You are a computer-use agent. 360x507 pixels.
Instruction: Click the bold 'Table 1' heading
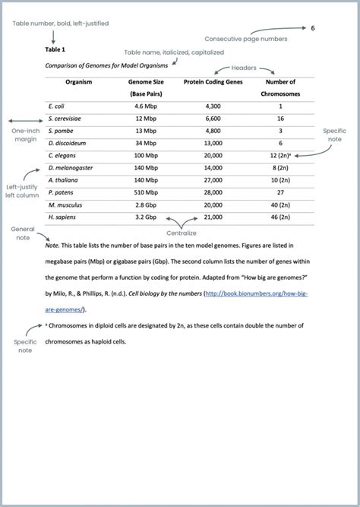pos(55,49)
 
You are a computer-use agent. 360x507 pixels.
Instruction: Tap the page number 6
pos(312,28)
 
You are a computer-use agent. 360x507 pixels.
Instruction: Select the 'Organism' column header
pos(79,81)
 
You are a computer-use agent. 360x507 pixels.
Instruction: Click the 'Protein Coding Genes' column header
pos(213,81)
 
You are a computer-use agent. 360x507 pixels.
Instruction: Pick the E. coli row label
pos(55,106)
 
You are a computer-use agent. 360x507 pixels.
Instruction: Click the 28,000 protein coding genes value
pos(213,192)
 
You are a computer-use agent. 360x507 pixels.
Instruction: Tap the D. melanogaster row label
pos(69,167)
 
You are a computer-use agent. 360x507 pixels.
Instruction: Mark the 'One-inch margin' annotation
pos(25,135)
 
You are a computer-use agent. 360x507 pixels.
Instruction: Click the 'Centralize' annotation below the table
pos(182,233)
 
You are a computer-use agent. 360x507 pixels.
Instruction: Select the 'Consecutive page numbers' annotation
pos(244,38)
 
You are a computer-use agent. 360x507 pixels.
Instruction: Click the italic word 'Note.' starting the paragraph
pos(52,246)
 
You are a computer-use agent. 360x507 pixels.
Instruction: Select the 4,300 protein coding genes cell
pos(213,106)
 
